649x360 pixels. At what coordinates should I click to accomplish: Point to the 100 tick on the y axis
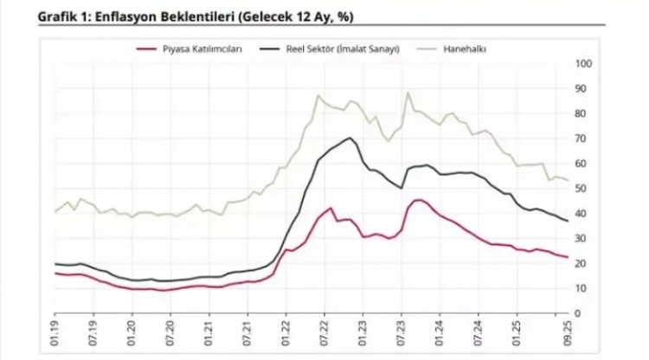tap(582, 64)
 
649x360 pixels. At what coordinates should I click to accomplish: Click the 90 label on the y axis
tap(582, 89)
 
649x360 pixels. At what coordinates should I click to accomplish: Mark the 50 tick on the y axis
tap(582, 189)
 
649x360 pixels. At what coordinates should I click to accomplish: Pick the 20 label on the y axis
tap(582, 263)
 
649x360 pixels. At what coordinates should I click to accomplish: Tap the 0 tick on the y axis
tap(586, 313)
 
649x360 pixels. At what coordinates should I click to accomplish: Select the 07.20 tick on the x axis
tap(170, 333)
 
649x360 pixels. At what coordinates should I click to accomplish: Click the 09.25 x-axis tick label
tap(570, 333)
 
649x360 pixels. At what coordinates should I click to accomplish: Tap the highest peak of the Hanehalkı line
tap(408, 92)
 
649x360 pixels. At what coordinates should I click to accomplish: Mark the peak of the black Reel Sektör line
tap(350, 138)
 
